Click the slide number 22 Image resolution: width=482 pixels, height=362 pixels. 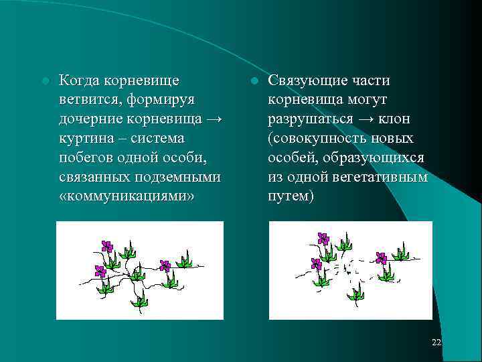pos(436,343)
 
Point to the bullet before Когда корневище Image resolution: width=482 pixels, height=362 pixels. pos(44,81)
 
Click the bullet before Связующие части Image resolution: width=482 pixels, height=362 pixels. pos(254,81)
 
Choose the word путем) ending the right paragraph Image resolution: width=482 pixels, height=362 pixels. pos(291,197)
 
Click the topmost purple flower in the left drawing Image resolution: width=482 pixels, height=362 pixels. pos(106,246)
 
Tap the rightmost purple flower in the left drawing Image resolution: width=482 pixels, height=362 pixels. pos(165,265)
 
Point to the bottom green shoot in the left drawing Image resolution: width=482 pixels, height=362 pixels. pos(139,300)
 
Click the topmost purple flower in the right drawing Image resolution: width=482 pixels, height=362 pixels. pos(323,239)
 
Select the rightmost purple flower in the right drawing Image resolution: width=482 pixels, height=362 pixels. pos(382,258)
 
